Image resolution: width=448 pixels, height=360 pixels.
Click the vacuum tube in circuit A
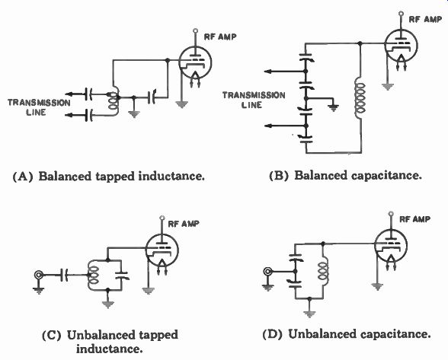click(195, 62)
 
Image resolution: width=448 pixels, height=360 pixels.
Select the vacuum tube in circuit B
click(401, 46)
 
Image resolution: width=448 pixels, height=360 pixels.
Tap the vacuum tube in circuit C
click(162, 250)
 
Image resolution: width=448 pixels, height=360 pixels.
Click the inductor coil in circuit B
click(360, 99)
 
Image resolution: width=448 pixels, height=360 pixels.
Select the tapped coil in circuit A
click(114, 101)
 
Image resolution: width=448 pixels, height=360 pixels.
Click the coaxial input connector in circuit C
click(39, 275)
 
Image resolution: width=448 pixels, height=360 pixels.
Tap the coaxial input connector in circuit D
click(267, 271)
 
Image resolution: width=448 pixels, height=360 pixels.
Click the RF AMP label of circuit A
click(220, 37)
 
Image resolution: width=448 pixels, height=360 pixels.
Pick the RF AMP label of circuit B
click(425, 19)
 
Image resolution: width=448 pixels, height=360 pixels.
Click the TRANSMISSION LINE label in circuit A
click(39, 107)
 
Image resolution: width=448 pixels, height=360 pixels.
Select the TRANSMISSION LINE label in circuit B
click(254, 100)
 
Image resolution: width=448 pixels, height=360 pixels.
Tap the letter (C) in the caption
click(52, 335)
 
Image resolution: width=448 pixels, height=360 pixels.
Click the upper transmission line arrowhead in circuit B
click(267, 72)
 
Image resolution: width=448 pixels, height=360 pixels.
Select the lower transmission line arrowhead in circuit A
click(69, 115)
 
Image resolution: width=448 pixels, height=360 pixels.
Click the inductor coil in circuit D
click(323, 272)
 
